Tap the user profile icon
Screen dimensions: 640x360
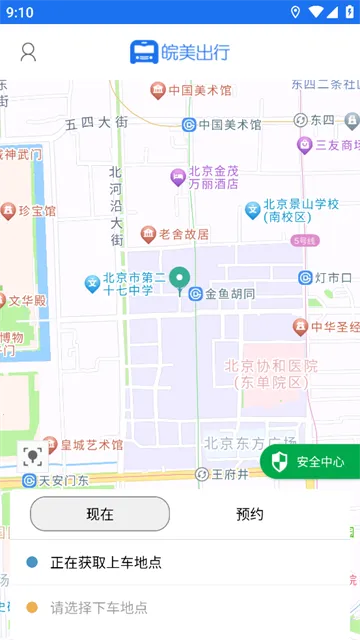28,52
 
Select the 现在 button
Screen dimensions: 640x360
100,514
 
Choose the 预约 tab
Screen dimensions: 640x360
250,514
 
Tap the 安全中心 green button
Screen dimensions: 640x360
311,462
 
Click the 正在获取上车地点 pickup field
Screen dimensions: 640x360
105,563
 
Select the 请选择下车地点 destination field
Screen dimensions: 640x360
100,607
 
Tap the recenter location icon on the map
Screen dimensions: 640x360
33,457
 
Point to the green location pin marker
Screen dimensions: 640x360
180,280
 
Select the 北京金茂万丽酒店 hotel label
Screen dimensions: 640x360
205,178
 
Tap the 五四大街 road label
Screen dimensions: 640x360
96,123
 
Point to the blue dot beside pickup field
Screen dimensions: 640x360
32,563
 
